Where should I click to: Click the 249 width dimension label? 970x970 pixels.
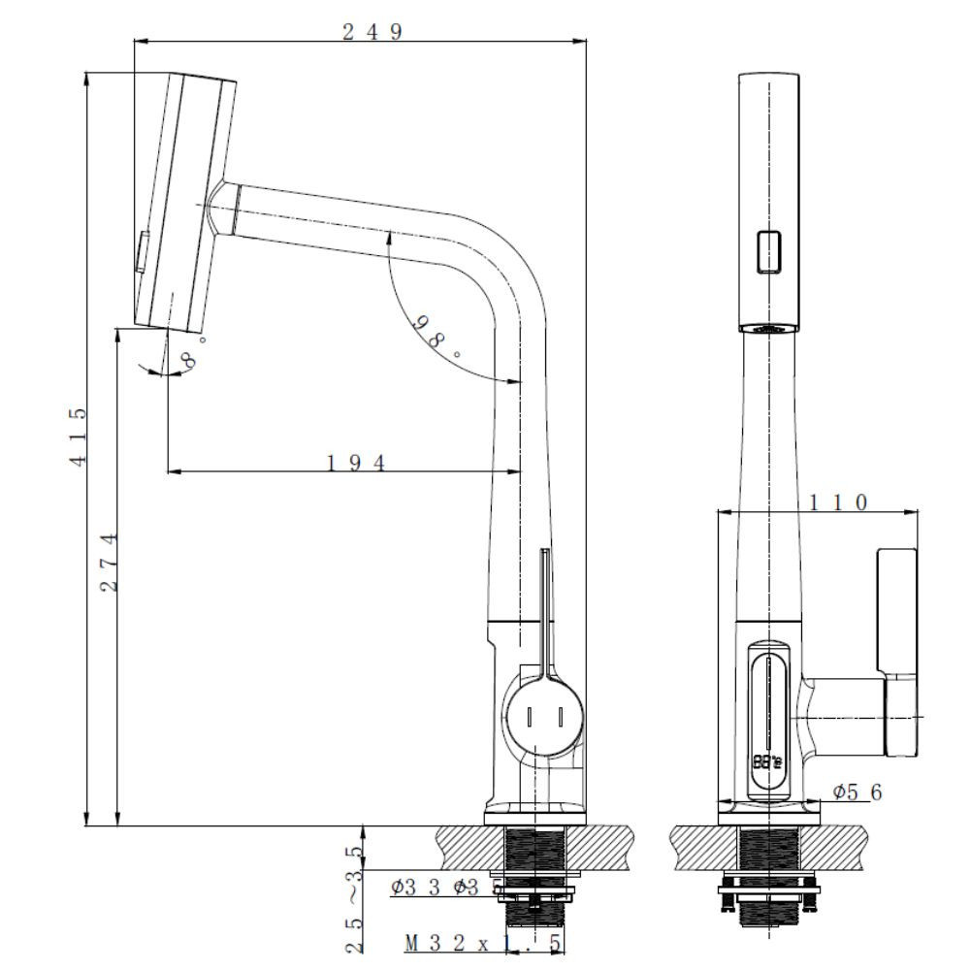click(x=372, y=31)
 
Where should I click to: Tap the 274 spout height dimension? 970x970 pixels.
click(x=110, y=562)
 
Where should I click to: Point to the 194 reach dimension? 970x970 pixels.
click(x=354, y=463)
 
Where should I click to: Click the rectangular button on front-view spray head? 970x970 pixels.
click(x=769, y=251)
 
